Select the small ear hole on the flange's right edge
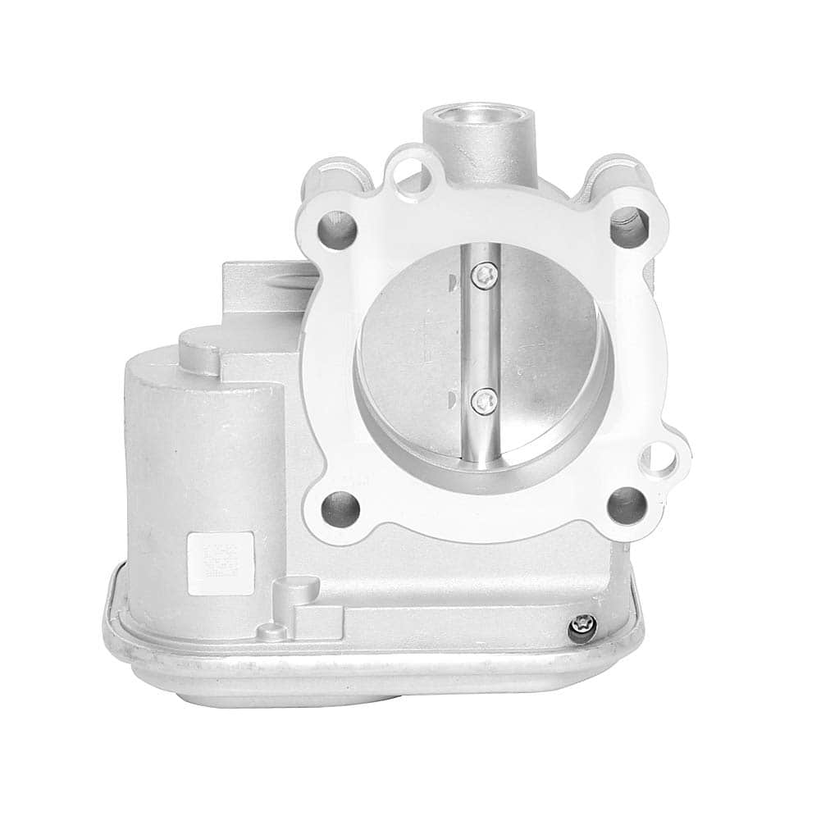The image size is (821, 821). coord(660,461)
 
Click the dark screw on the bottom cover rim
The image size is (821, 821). coord(581,629)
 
